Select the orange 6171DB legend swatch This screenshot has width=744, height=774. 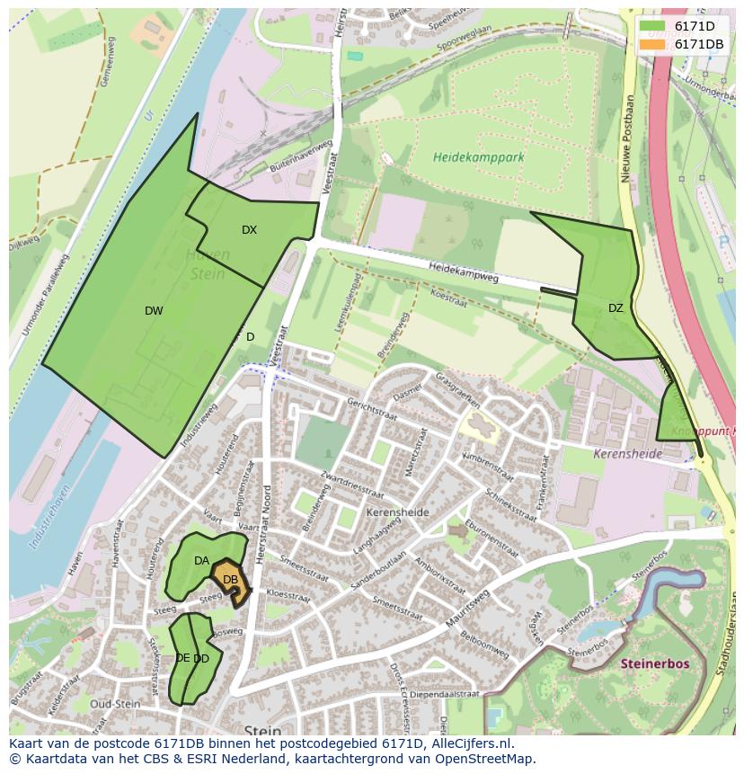tap(653, 44)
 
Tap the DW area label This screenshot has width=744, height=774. tap(154, 311)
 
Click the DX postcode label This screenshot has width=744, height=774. tap(249, 230)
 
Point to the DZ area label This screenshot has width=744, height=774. tap(616, 308)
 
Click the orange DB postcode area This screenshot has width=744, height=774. tap(231, 580)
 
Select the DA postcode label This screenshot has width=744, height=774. tap(201, 561)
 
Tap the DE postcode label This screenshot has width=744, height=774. tap(182, 658)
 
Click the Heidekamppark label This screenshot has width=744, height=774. tap(478, 156)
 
